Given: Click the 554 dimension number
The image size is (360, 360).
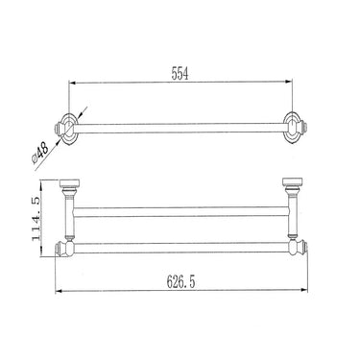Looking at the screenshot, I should click(180, 73).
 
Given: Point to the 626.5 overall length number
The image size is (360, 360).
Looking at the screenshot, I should click(179, 285).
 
